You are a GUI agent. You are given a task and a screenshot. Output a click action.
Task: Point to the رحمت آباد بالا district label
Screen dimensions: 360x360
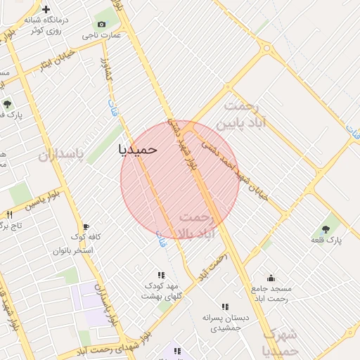(205, 224)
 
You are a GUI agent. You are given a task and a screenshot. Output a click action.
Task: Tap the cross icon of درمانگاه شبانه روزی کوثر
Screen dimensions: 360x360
(46, 10)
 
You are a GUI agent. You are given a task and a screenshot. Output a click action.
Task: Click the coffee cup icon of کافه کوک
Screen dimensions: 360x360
(86, 227)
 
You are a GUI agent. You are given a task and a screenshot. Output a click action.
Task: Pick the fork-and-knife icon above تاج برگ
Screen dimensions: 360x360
(9, 214)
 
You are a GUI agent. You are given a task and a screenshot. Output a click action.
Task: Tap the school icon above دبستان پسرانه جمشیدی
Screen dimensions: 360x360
(225, 307)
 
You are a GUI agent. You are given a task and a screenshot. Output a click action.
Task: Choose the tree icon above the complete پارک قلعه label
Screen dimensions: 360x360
(325, 229)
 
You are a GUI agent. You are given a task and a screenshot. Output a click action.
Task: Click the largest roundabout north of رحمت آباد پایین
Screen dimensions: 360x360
(267, 50)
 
